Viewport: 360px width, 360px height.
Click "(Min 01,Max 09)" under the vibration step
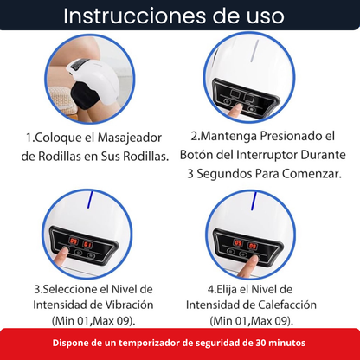click(89, 320)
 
